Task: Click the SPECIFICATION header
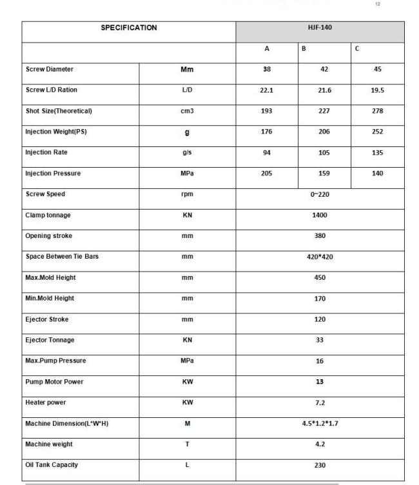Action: pos(129,28)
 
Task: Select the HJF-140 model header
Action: pos(320,28)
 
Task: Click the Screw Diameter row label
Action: pos(50,69)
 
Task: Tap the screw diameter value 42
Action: pos(324,70)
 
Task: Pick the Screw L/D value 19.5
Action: pos(377,90)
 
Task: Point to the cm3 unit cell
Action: pos(187,111)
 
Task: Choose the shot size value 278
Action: pos(377,111)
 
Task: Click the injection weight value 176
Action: pos(267,132)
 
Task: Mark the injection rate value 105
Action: pos(324,153)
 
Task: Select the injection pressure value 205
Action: pos(267,173)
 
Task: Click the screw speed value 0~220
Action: pos(320,194)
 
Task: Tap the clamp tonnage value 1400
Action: pos(320,215)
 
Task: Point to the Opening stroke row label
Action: pos(49,236)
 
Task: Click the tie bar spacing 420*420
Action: pos(320,257)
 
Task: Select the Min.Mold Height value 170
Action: pos(320,299)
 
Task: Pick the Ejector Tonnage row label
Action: pos(50,340)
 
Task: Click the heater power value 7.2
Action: pos(320,402)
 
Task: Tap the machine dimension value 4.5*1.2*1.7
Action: pos(320,424)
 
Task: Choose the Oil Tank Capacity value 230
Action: pos(320,465)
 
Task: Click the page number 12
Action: pos(378,5)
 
